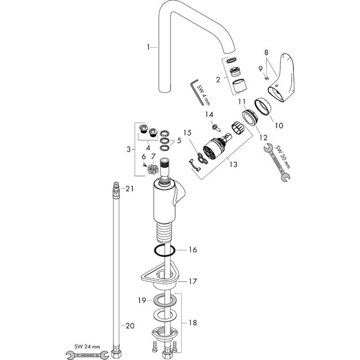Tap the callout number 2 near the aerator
pyautogui.click(x=218, y=80)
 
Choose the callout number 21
pyautogui.click(x=130, y=189)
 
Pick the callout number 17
pyautogui.click(x=193, y=282)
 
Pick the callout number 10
pyautogui.click(x=279, y=126)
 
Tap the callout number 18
pyautogui.click(x=192, y=324)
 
